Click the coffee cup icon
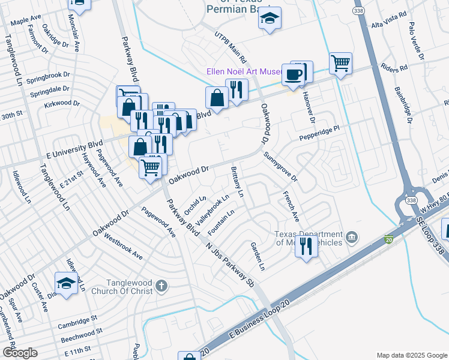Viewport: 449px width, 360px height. click(294, 74)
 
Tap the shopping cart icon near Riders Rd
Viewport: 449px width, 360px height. click(340, 62)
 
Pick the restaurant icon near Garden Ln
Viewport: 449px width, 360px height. click(307, 246)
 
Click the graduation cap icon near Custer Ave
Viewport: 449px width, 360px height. click(66, 283)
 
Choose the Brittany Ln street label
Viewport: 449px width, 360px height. click(237, 182)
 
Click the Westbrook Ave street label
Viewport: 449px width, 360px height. click(122, 245)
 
